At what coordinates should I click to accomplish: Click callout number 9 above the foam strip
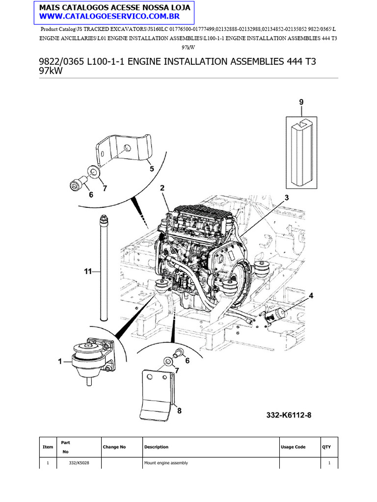pyautogui.click(x=301, y=102)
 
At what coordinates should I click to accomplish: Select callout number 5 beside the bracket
pyautogui.click(x=152, y=169)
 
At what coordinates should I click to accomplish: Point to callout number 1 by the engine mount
pyautogui.click(x=60, y=361)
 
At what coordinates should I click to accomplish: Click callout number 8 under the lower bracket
pyautogui.click(x=179, y=411)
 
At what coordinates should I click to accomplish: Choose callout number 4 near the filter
pyautogui.click(x=311, y=295)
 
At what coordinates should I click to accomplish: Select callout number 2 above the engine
pyautogui.click(x=162, y=188)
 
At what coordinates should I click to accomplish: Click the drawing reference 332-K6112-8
pyautogui.click(x=289, y=415)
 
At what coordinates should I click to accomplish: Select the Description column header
pyautogui.click(x=156, y=447)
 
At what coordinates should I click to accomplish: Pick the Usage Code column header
pyautogui.click(x=293, y=447)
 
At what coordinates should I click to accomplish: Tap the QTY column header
pyautogui.click(x=326, y=447)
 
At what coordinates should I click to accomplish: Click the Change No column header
pyautogui.click(x=114, y=447)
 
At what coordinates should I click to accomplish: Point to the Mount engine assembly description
pyautogui.click(x=165, y=463)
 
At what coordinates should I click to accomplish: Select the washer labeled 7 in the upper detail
pyautogui.click(x=93, y=172)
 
